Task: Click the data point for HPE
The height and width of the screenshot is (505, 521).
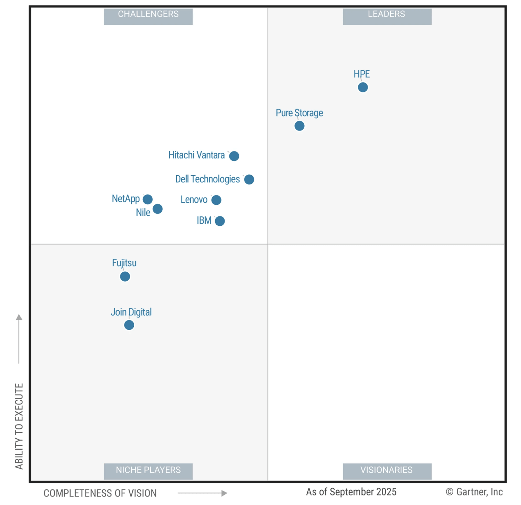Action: [x=363, y=87]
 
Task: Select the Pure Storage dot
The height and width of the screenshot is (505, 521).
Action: [x=300, y=126]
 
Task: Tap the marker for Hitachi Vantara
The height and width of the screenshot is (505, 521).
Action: [x=234, y=156]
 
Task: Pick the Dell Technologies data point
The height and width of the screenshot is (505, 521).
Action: [x=249, y=179]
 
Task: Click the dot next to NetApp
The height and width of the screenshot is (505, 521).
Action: [x=148, y=199]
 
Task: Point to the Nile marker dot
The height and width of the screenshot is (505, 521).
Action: [x=158, y=209]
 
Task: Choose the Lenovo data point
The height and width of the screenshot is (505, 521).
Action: [x=216, y=200]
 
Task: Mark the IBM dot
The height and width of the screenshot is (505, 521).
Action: [x=220, y=221]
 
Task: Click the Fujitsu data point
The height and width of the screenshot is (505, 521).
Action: [x=125, y=277]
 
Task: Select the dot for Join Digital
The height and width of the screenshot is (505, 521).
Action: [x=129, y=325]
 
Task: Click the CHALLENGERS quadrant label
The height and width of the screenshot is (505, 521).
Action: [x=148, y=14]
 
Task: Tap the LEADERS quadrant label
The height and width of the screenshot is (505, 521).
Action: [x=387, y=14]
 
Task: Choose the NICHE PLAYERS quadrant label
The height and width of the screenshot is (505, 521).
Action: [x=148, y=470]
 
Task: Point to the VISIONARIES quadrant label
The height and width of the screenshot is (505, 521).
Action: [x=387, y=470]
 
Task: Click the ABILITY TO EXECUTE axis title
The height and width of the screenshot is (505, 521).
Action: [x=19, y=426]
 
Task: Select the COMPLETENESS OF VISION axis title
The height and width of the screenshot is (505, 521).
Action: [x=100, y=493]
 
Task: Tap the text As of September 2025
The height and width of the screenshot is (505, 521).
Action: [x=351, y=492]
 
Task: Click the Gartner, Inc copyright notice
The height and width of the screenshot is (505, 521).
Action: [x=474, y=492]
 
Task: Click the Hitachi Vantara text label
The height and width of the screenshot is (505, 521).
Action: [x=196, y=155]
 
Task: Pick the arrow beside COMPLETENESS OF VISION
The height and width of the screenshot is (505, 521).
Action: [x=203, y=493]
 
